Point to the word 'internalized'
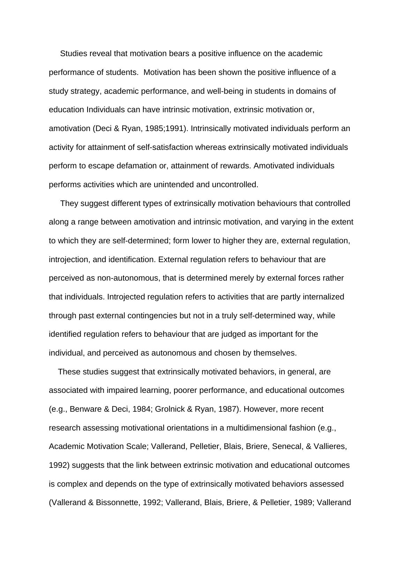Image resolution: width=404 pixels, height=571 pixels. tap(323, 297)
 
